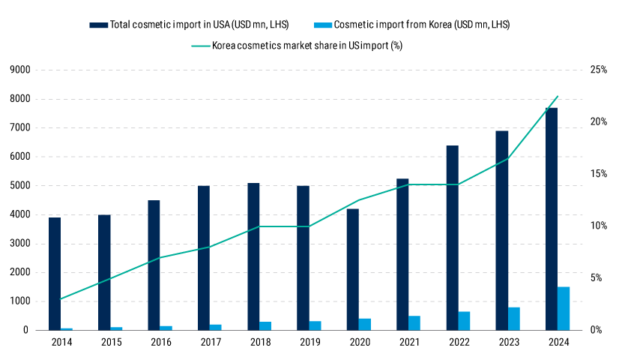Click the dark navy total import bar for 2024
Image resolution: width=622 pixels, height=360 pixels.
551,219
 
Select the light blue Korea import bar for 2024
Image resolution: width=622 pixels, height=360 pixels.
564,308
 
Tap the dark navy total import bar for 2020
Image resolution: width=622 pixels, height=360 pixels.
353,269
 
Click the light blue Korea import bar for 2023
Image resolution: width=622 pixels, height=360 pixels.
514,319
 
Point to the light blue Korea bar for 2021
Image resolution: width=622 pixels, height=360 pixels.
414,323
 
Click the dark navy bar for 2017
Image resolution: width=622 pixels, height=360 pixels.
204,258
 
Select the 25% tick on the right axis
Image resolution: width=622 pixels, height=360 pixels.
599,70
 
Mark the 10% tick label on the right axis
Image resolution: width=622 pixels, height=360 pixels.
599,226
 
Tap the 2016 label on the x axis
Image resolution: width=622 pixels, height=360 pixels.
160,343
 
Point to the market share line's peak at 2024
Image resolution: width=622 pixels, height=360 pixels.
558,96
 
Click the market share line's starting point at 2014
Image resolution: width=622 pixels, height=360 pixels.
61,299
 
